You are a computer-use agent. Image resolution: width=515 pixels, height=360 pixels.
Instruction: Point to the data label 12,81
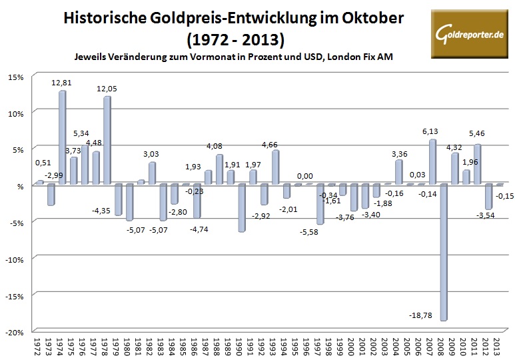[63, 83]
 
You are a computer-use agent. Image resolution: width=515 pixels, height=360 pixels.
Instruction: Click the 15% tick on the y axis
[16, 77]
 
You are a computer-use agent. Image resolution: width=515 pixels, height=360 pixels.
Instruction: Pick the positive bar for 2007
[432, 162]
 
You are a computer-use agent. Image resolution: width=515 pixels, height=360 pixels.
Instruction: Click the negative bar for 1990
[241, 208]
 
